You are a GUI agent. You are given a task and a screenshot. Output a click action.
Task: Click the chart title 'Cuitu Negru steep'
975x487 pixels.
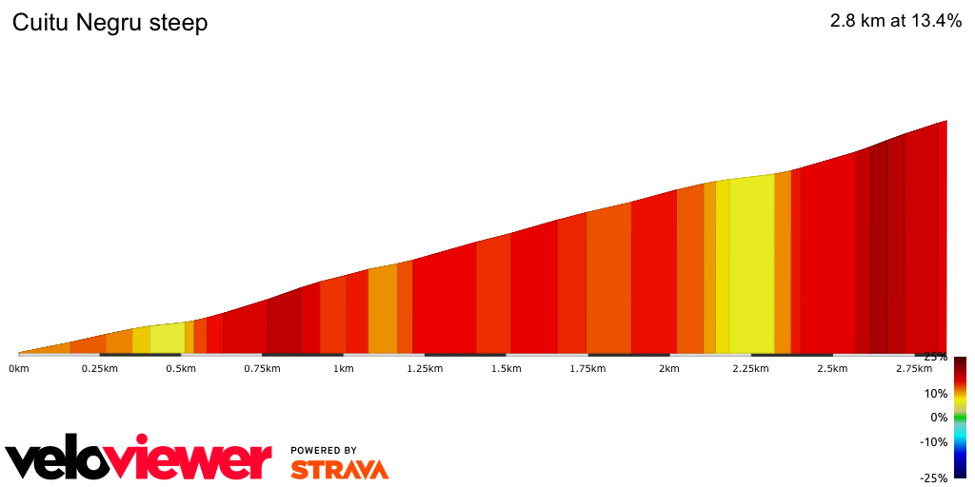click(109, 24)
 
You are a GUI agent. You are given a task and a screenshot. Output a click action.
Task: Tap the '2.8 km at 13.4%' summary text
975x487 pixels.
click(896, 22)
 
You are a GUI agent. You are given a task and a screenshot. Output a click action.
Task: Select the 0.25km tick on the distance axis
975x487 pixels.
click(99, 368)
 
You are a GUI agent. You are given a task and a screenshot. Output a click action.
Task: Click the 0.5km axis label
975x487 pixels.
click(181, 368)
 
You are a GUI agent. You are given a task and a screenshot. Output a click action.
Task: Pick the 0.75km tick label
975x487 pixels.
click(262, 368)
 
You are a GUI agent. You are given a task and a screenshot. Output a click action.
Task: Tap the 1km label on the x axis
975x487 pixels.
click(344, 368)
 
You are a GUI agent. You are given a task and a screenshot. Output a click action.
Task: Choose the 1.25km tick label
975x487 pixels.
click(425, 368)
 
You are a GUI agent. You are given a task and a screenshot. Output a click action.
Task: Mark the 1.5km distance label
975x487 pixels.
click(507, 368)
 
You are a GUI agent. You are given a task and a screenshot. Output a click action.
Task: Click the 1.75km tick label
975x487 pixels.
click(587, 368)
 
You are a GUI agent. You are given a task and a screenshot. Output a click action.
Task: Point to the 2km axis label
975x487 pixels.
click(669, 368)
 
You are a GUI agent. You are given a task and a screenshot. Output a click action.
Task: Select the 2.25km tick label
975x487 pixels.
click(750, 368)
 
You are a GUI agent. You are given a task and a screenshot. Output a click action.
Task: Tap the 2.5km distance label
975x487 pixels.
click(832, 368)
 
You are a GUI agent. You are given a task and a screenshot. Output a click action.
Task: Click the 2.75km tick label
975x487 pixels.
click(913, 368)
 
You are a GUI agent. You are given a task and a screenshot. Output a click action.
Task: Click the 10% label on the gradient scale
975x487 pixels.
click(935, 393)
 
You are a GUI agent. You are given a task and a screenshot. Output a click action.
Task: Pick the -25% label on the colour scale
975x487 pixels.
click(933, 477)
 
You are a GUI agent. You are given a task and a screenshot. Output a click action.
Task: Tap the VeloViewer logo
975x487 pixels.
click(139, 460)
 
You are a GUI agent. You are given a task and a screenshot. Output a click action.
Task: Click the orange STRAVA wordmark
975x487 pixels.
click(339, 469)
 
